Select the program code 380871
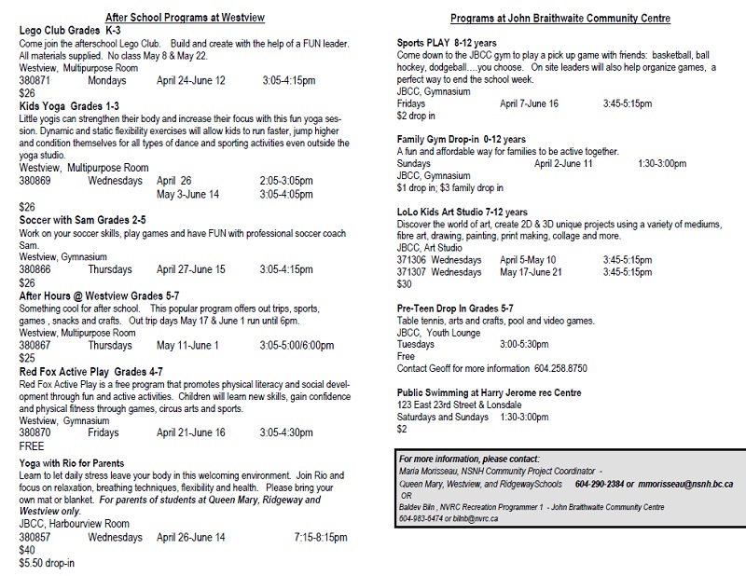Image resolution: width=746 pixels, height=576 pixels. click(x=35, y=81)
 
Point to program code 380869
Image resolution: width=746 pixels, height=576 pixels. click(x=35, y=181)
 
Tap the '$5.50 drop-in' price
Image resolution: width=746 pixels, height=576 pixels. click(x=47, y=563)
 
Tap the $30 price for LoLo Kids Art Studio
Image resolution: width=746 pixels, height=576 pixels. click(x=405, y=284)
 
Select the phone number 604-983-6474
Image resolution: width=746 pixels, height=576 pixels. click(x=422, y=517)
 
